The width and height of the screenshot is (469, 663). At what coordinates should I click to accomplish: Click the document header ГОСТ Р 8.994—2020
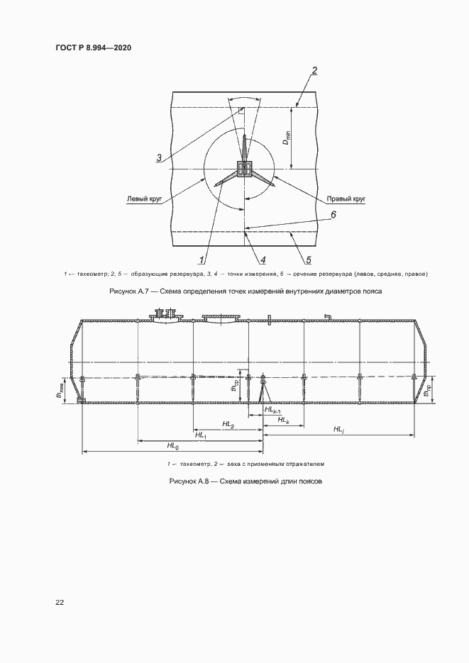pos(93,48)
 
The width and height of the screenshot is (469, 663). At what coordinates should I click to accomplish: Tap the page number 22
pos(60,602)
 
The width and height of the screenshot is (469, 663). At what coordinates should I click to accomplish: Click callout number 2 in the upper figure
pos(314,70)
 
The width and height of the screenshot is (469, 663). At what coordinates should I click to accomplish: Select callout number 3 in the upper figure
pos(160,157)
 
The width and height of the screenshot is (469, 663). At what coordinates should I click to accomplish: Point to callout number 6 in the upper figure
pos(333,213)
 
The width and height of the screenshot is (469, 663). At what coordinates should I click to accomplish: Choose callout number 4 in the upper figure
pos(263,259)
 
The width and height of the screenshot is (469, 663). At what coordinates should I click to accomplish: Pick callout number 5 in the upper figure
pos(308,259)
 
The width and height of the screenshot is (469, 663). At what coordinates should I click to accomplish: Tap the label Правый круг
pos(346,199)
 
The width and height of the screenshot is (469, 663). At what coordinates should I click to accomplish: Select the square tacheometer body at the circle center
pos(245,169)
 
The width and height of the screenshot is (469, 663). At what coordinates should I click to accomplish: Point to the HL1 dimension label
pos(201,435)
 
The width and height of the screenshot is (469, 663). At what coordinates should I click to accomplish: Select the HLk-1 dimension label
pos(272,410)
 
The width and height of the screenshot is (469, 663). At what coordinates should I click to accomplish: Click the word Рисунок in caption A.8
pos(185,481)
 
